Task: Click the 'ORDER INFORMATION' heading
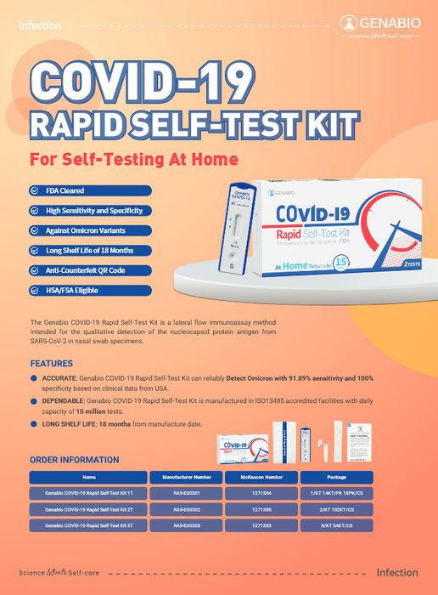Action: (75, 460)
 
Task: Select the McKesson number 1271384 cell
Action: (261, 493)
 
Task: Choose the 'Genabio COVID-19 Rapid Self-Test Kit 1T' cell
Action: (89, 493)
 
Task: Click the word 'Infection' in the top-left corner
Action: (40, 25)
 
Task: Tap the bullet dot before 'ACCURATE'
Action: (33, 378)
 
